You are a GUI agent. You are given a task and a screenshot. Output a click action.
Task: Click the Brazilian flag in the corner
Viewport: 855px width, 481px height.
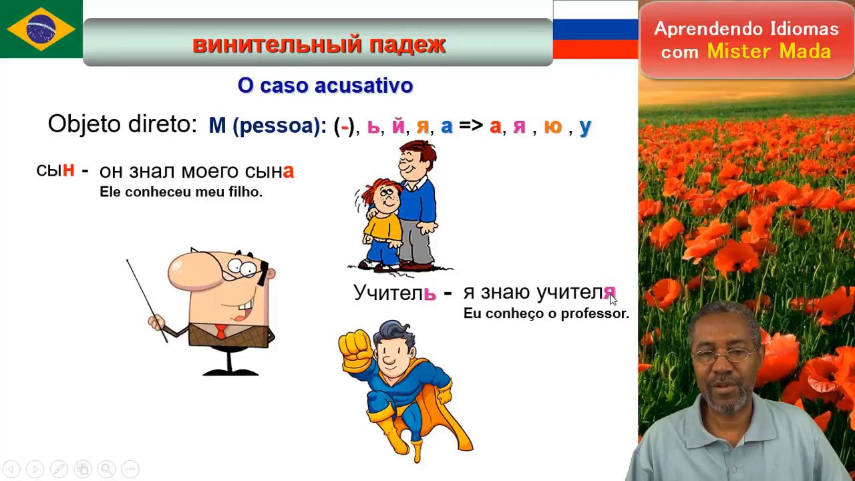[x=41, y=29]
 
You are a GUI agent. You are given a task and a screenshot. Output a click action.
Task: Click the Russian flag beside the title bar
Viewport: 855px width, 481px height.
[x=594, y=29]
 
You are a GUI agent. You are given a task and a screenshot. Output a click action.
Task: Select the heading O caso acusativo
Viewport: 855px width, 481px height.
[x=325, y=86]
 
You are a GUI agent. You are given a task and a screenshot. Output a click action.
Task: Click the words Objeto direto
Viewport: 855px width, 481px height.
[x=122, y=124]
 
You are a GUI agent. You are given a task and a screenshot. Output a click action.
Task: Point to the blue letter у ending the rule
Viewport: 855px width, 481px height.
[x=585, y=127]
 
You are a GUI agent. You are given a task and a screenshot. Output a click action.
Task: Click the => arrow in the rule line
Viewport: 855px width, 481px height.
[x=470, y=125]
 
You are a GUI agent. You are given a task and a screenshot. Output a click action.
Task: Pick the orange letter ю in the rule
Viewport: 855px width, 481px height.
[x=552, y=126]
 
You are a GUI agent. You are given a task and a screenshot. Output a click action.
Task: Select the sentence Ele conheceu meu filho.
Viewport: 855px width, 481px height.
[x=180, y=192]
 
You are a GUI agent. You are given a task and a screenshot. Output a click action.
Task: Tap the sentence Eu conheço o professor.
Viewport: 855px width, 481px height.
[x=546, y=313]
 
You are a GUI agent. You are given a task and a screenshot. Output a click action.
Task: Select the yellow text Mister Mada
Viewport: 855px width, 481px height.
[x=768, y=51]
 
